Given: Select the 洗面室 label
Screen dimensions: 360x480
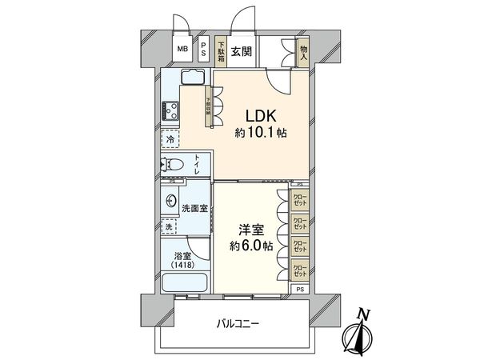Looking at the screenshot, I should (195, 208).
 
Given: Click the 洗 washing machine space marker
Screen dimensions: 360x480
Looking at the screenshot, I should (170, 227).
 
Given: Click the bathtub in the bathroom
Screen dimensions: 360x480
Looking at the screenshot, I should (185, 283).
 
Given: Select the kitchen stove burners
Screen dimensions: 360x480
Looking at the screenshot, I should (170, 110).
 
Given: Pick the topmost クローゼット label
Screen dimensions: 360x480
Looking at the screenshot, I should (300, 198).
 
